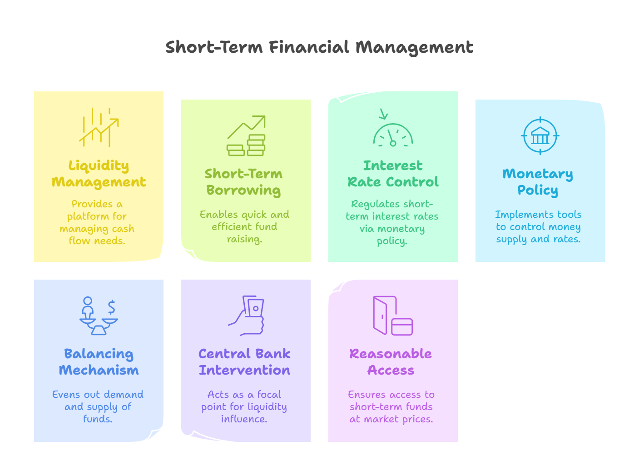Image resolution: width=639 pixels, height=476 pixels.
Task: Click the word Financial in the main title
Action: [x=309, y=47]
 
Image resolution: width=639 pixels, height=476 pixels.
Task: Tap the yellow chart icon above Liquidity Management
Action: [x=99, y=127]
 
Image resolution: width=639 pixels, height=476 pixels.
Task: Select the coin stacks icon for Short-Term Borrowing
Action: [x=246, y=135]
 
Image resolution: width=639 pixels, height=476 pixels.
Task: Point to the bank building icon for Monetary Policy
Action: [x=540, y=135]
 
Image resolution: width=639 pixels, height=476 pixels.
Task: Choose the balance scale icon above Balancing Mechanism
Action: [x=99, y=316]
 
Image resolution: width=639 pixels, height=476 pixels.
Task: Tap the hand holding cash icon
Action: [x=246, y=316]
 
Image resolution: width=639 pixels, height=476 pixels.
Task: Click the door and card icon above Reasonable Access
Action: [x=393, y=316]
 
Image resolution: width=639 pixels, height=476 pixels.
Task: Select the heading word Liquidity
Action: [x=99, y=166]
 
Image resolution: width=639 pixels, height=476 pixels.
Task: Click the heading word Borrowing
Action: [x=243, y=190]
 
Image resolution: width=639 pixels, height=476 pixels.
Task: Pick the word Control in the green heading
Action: [x=412, y=182]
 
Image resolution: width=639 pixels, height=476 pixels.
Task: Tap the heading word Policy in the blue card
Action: [x=538, y=190]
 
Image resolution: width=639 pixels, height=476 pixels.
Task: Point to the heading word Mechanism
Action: [x=99, y=370]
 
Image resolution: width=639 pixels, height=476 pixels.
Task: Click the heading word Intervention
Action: [x=245, y=370]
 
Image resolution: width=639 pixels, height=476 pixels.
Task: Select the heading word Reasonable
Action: [x=391, y=354]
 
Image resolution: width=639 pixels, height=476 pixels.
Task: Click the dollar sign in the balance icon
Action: [x=111, y=307]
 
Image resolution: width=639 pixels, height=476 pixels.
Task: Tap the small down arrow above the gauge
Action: [x=383, y=114]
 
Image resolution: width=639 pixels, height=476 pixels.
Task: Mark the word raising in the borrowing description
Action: [x=245, y=239]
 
